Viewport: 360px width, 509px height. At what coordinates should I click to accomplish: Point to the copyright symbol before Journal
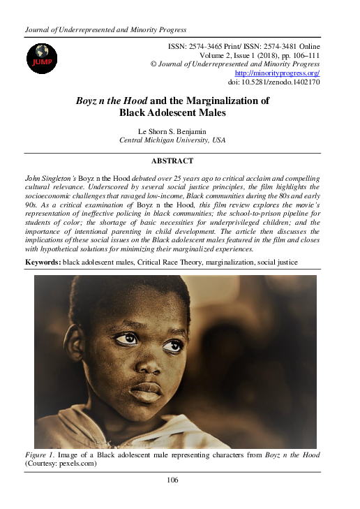point(154,63)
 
